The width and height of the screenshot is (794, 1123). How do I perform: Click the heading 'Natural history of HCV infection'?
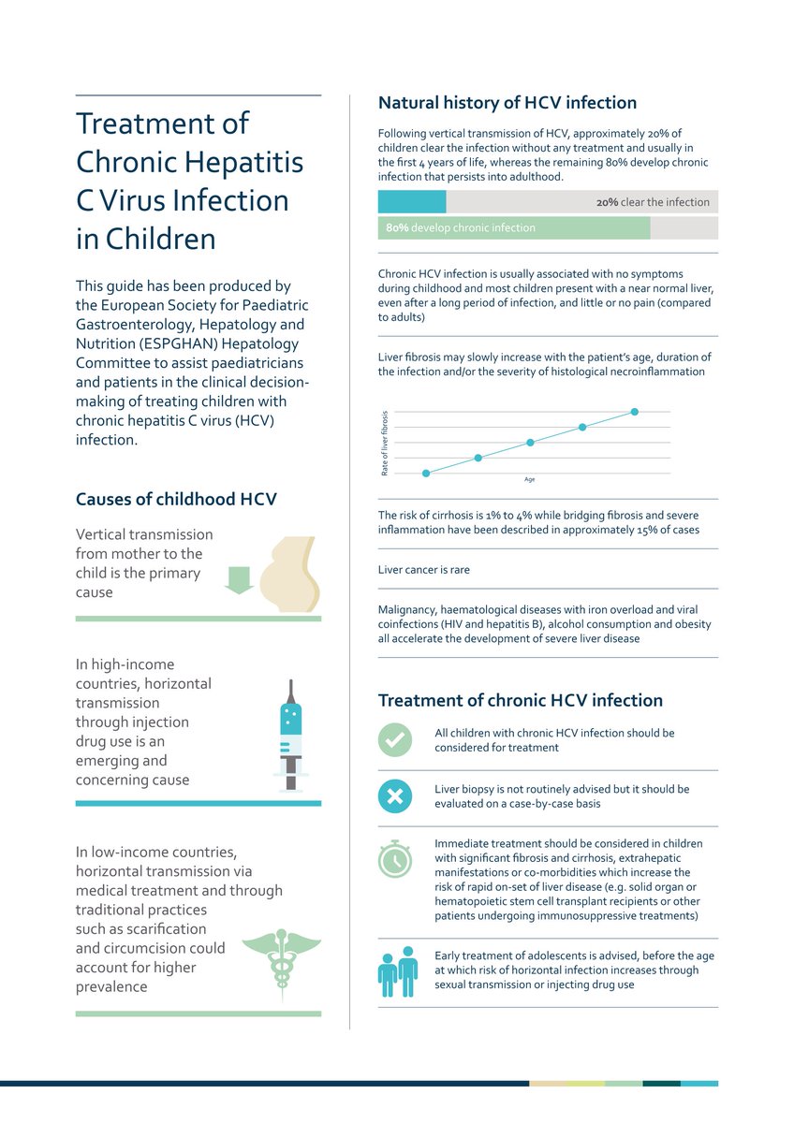507,103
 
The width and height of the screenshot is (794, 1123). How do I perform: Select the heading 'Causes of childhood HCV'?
176,499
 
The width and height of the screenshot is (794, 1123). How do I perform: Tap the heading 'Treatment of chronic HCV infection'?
520,700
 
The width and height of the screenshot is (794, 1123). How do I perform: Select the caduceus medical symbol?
281,951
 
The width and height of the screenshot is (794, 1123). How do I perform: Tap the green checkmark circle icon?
394,739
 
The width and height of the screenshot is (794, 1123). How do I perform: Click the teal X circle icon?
394,796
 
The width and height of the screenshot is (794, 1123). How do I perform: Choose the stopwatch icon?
394,857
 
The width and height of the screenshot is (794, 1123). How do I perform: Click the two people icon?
397,971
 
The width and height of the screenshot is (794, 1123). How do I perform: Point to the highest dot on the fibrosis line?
635,412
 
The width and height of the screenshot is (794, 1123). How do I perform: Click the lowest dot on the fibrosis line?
426,474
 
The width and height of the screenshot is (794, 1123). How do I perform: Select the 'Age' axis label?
529,480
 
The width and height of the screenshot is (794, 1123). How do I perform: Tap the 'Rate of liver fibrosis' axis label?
385,444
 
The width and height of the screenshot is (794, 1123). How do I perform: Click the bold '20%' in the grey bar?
608,202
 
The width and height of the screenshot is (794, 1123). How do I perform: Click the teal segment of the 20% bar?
412,202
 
